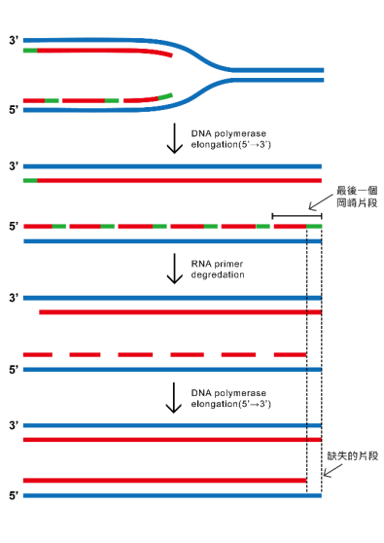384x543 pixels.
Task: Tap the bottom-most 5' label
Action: coord(13,496)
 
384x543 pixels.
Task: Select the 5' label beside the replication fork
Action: coord(13,110)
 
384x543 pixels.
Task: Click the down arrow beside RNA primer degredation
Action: coord(175,268)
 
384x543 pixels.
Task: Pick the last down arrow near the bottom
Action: coord(175,397)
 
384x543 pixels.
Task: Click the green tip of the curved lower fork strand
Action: coord(166,95)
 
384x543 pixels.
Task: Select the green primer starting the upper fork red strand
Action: coord(30,49)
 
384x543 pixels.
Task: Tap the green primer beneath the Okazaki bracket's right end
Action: coord(314,226)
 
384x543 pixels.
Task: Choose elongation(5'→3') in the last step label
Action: coord(231,403)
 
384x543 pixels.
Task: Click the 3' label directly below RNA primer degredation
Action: coord(13,297)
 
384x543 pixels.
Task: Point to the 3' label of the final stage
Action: coord(13,426)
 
